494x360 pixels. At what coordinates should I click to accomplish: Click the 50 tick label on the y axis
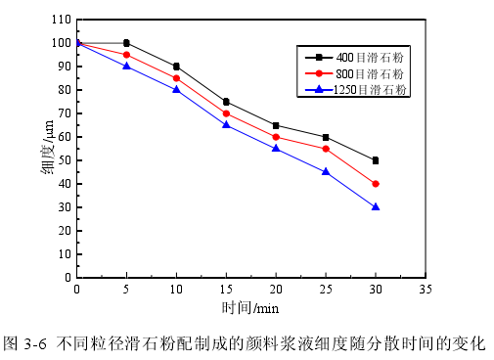point(63,160)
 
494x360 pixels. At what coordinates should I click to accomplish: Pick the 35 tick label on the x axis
point(425,291)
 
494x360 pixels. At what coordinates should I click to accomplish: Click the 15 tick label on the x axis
point(226,291)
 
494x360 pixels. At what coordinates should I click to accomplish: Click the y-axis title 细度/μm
point(46,149)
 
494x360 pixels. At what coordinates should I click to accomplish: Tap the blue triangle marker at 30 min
point(376,206)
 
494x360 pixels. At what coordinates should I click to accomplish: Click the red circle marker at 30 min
point(376,184)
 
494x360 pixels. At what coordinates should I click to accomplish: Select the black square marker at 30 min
point(376,160)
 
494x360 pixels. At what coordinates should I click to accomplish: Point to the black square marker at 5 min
point(127,43)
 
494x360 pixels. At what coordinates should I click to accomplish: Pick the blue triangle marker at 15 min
point(226,124)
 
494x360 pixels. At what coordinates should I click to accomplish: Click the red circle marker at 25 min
point(326,149)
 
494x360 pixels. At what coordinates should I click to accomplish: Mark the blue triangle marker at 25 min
point(326,171)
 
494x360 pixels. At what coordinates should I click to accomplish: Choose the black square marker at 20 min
point(276,125)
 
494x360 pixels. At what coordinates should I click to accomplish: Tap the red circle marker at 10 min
point(176,78)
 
